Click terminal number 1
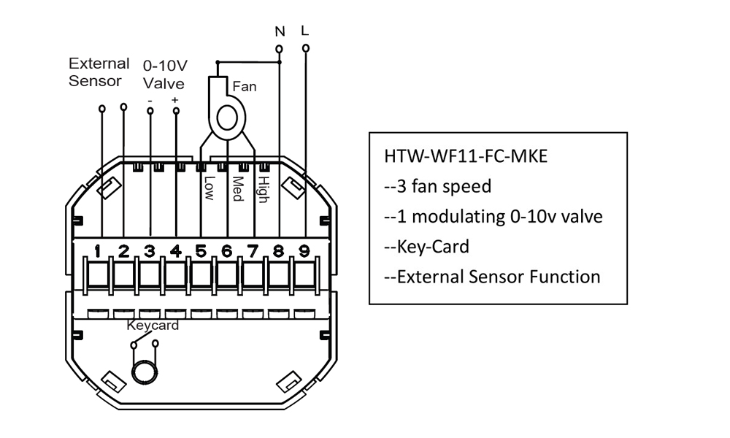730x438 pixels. pos(97,251)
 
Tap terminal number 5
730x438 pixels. pos(201,251)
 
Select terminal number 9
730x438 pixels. pos(304,251)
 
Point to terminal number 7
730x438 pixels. pos(253,251)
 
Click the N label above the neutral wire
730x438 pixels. pos(280,31)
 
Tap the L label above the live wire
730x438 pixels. pos(305,31)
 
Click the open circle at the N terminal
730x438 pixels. pos(280,49)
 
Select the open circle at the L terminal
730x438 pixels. pos(306,48)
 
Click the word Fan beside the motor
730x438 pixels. pos(245,87)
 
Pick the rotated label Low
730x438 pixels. pos(209,188)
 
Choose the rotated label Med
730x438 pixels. pos(237,188)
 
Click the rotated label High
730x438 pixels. pos(264,190)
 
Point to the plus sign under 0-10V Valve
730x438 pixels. pos(174,100)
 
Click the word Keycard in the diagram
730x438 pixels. pos(153,325)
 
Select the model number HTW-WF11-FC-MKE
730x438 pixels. pos(466,156)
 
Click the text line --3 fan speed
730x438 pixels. pos(437,187)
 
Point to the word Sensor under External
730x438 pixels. pos(95,81)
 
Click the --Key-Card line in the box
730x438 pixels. pos(426,247)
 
